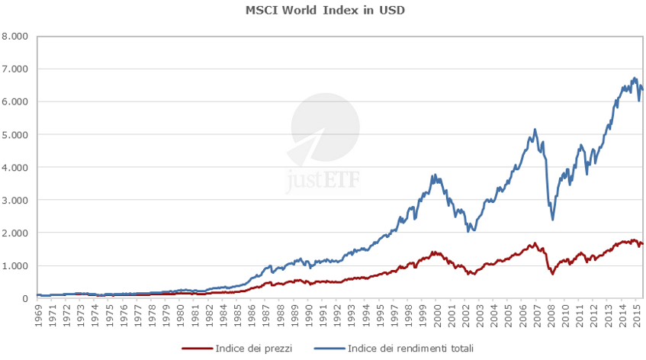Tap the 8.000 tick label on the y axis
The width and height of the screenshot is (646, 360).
coord(14,36)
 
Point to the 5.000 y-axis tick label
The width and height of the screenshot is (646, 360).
coord(14,134)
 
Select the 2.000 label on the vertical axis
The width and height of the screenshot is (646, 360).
coord(14,233)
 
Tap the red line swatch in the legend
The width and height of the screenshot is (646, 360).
coord(198,349)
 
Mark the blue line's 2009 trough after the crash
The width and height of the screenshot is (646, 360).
coord(552,220)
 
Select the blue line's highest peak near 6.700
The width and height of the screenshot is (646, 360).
coord(635,78)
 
